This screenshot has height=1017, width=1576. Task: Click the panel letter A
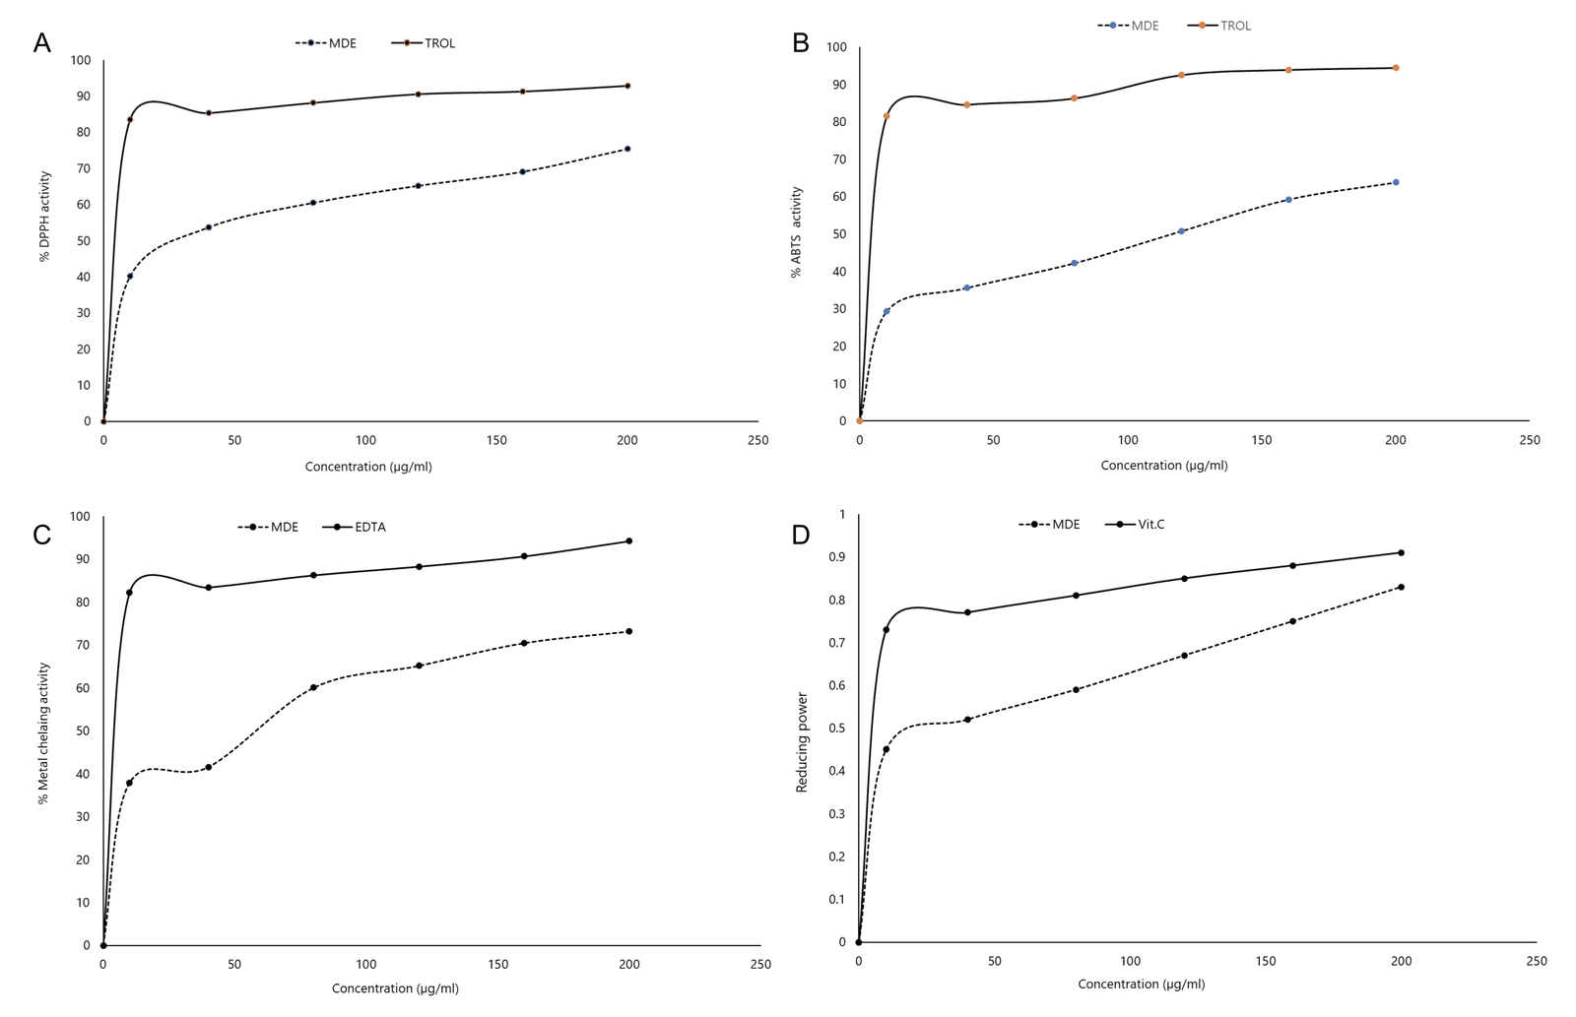point(41,43)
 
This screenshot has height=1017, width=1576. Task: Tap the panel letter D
point(801,535)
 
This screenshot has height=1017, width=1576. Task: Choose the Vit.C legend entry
point(1150,524)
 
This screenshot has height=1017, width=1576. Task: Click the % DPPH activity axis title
point(44,217)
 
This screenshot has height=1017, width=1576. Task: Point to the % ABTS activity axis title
point(797,232)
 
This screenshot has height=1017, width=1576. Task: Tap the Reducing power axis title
point(802,742)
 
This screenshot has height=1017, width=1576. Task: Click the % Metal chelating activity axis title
point(43,733)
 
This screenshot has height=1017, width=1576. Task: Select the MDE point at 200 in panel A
point(627,149)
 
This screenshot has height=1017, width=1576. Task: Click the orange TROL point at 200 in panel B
point(1396,68)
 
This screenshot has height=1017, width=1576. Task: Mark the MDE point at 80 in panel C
point(313,687)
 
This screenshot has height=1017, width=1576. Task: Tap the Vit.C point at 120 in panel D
point(1184,578)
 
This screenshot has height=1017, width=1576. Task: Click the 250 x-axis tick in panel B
point(1529,440)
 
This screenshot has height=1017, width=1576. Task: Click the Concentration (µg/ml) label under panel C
point(395,988)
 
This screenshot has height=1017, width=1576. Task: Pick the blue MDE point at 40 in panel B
point(966,287)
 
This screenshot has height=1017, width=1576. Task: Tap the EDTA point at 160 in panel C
point(524,556)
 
